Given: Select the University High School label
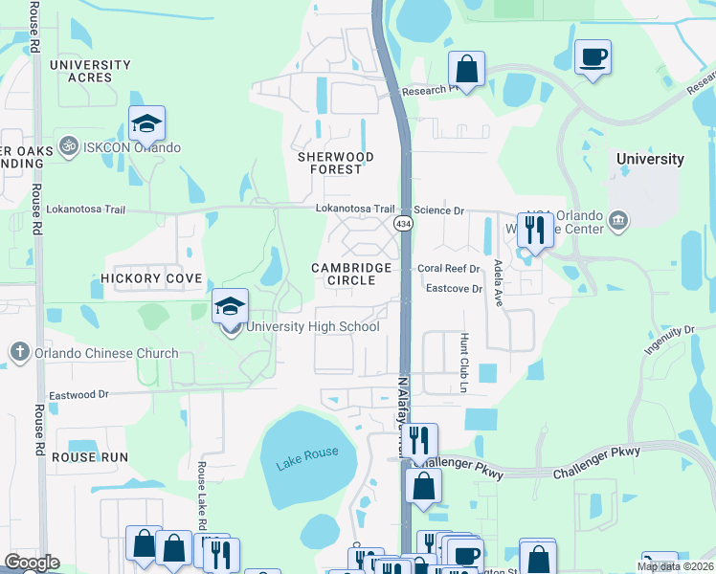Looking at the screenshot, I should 313,327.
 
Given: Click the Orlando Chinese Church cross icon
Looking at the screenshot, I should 18,353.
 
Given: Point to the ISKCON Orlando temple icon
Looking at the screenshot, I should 68,147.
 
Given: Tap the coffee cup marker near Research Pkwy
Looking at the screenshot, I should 592,58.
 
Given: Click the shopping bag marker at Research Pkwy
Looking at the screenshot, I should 466,70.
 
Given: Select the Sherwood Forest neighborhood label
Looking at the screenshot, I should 335,163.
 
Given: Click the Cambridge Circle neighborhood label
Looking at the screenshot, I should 351,275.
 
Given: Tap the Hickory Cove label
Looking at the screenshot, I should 151,278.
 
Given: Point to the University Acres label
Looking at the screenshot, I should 91,71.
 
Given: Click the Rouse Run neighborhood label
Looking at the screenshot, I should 90,457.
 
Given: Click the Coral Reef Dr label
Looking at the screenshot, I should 448,269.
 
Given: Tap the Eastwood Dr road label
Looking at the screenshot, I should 79,393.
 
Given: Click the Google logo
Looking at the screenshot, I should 32,563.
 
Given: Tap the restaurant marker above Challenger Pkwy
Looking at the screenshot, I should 418,442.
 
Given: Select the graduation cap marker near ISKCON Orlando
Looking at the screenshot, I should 146,124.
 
